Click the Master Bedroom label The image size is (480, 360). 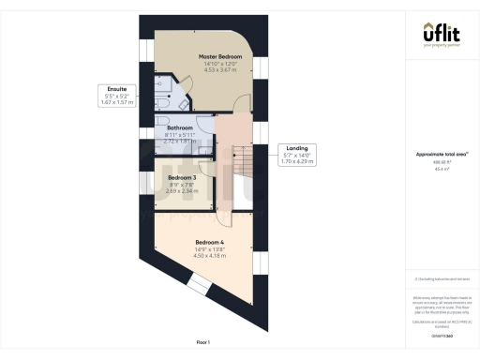click(220, 57)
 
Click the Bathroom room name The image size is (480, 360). click(180, 127)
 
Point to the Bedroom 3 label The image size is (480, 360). click(182, 177)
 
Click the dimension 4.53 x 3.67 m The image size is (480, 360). click(220, 70)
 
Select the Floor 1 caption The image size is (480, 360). click(202, 342)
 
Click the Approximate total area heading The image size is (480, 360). click(440, 154)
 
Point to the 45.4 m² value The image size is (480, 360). click(440, 170)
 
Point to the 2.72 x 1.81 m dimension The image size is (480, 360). click(180, 141)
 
